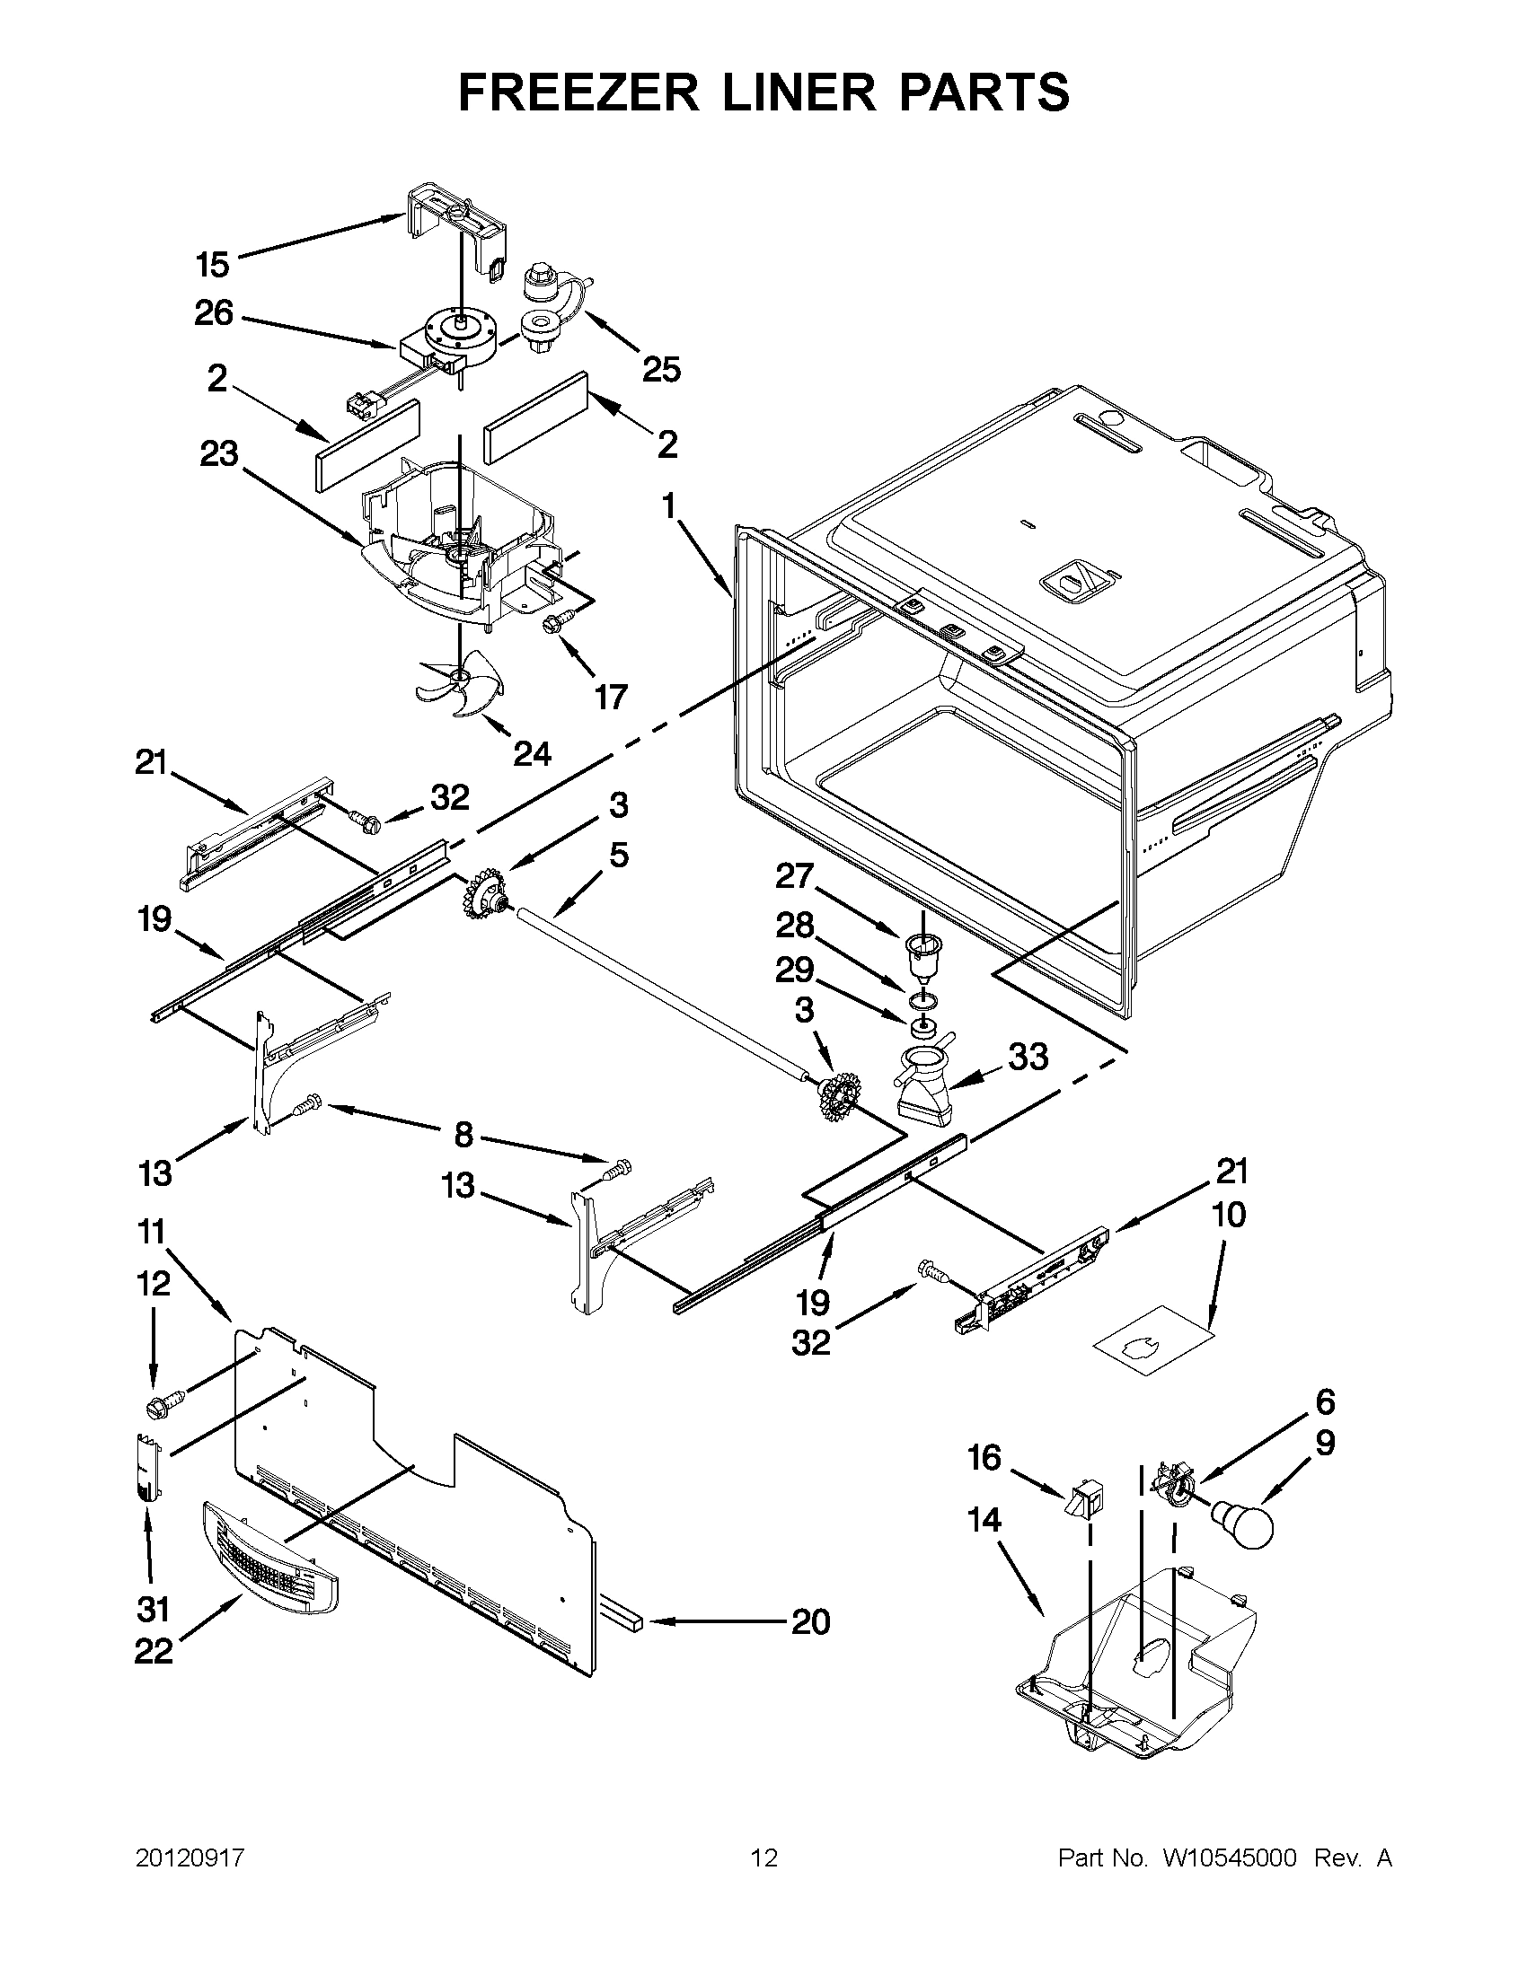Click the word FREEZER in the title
578,92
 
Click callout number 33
1028,1056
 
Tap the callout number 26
214,314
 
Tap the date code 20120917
190,1858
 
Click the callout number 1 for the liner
668,506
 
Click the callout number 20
810,1622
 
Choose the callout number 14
984,1521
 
